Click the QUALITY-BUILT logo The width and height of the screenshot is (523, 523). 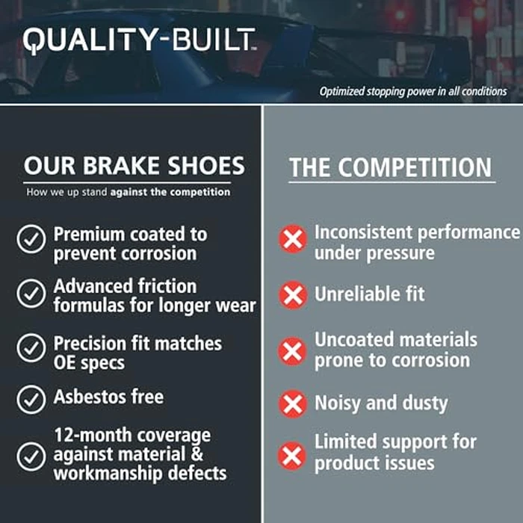point(139,40)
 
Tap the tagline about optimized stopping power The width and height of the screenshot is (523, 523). point(413,92)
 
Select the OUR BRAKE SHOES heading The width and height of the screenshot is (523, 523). point(134,165)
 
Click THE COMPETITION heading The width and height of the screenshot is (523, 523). point(391,167)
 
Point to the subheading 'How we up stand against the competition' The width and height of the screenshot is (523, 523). point(129,192)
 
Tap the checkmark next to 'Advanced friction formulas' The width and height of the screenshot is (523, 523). point(31,294)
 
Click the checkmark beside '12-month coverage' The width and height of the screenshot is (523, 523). point(31,454)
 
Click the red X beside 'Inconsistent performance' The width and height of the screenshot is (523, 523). point(293,240)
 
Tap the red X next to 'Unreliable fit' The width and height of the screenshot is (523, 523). point(293,295)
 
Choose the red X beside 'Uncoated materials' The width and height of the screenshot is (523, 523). point(293,350)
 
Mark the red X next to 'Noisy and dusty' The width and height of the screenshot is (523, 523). point(293,404)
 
